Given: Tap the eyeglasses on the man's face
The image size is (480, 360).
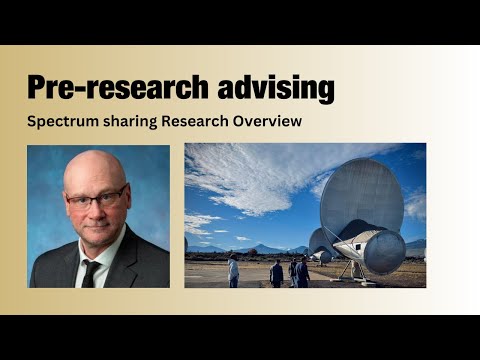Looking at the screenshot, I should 96,197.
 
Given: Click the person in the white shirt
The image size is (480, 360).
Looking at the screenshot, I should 234,271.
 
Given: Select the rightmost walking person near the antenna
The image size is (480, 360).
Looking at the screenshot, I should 302,272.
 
